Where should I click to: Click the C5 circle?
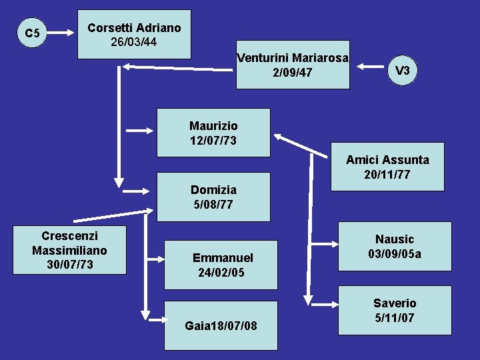[32, 32]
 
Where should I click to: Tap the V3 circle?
[402, 70]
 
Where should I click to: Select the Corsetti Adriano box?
[134, 34]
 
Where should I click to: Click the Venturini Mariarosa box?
[293, 65]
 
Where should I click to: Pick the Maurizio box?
[213, 133]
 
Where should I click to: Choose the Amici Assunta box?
[387, 167]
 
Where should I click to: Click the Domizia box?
[213, 197]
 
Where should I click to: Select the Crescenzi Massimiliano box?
[69, 250]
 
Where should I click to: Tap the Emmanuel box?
[221, 265]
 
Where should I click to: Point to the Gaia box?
[221, 325]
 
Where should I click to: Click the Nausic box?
[394, 246]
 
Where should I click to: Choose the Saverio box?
[394, 310]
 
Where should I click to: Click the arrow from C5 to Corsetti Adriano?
[61, 32]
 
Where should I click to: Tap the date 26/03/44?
[134, 41]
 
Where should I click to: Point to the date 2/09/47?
[293, 72]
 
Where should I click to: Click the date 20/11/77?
[387, 175]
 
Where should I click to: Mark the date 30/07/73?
[69, 265]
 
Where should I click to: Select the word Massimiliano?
[69, 250]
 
